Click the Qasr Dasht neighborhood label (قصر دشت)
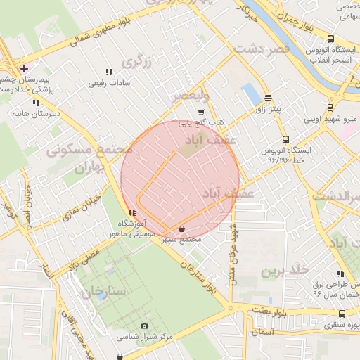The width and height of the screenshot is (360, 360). tap(262, 50)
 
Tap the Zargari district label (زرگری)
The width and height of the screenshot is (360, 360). tap(137, 62)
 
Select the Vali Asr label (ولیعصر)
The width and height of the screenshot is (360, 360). tap(190, 95)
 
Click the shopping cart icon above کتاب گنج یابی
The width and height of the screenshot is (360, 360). tap(201, 112)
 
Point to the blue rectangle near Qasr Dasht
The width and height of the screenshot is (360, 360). tap(250, 94)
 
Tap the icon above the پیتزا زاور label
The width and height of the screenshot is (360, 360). tap(268, 98)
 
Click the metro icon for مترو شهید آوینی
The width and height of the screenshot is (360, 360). tap(330, 108)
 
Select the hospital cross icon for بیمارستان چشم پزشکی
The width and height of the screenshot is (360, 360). tap(25, 68)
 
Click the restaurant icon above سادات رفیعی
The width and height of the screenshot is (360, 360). tap(109, 72)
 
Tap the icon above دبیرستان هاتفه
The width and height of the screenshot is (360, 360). tap(36, 102)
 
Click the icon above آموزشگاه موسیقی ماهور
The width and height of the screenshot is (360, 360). tap(132, 212)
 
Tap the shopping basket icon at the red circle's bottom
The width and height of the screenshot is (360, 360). tap(183, 229)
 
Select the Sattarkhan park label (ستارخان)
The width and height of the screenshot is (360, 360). tap(103, 290)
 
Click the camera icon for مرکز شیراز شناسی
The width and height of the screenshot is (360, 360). tap(145, 326)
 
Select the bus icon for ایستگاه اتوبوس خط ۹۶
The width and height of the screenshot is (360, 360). tap(285, 139)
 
